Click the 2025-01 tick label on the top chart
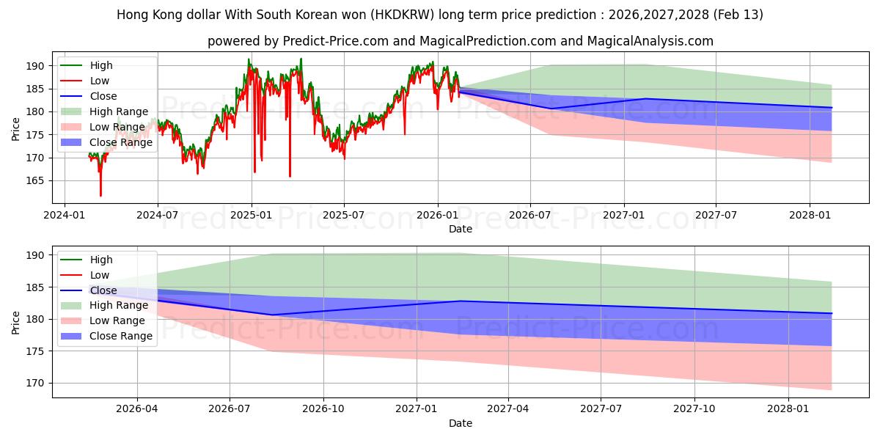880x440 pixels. tap(252, 215)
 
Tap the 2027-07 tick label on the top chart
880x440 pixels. tap(716, 215)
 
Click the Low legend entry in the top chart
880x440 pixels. tap(99, 81)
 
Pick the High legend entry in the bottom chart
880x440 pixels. tap(100, 260)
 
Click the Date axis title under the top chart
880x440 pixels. tap(460, 229)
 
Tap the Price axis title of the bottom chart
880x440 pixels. tap(16, 322)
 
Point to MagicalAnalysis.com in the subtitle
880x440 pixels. tap(650, 41)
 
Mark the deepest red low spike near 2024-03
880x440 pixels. tap(100, 195)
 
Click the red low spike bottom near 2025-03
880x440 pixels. tap(290, 176)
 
